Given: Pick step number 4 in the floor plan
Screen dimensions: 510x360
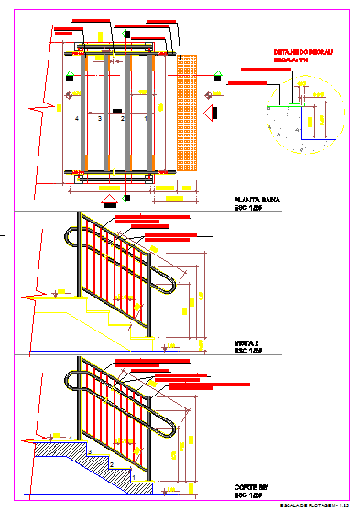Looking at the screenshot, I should (x=77, y=119).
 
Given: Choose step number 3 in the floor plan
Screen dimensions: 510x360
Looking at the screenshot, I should (x=100, y=119).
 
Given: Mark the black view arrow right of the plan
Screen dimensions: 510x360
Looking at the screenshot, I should (x=211, y=113).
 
